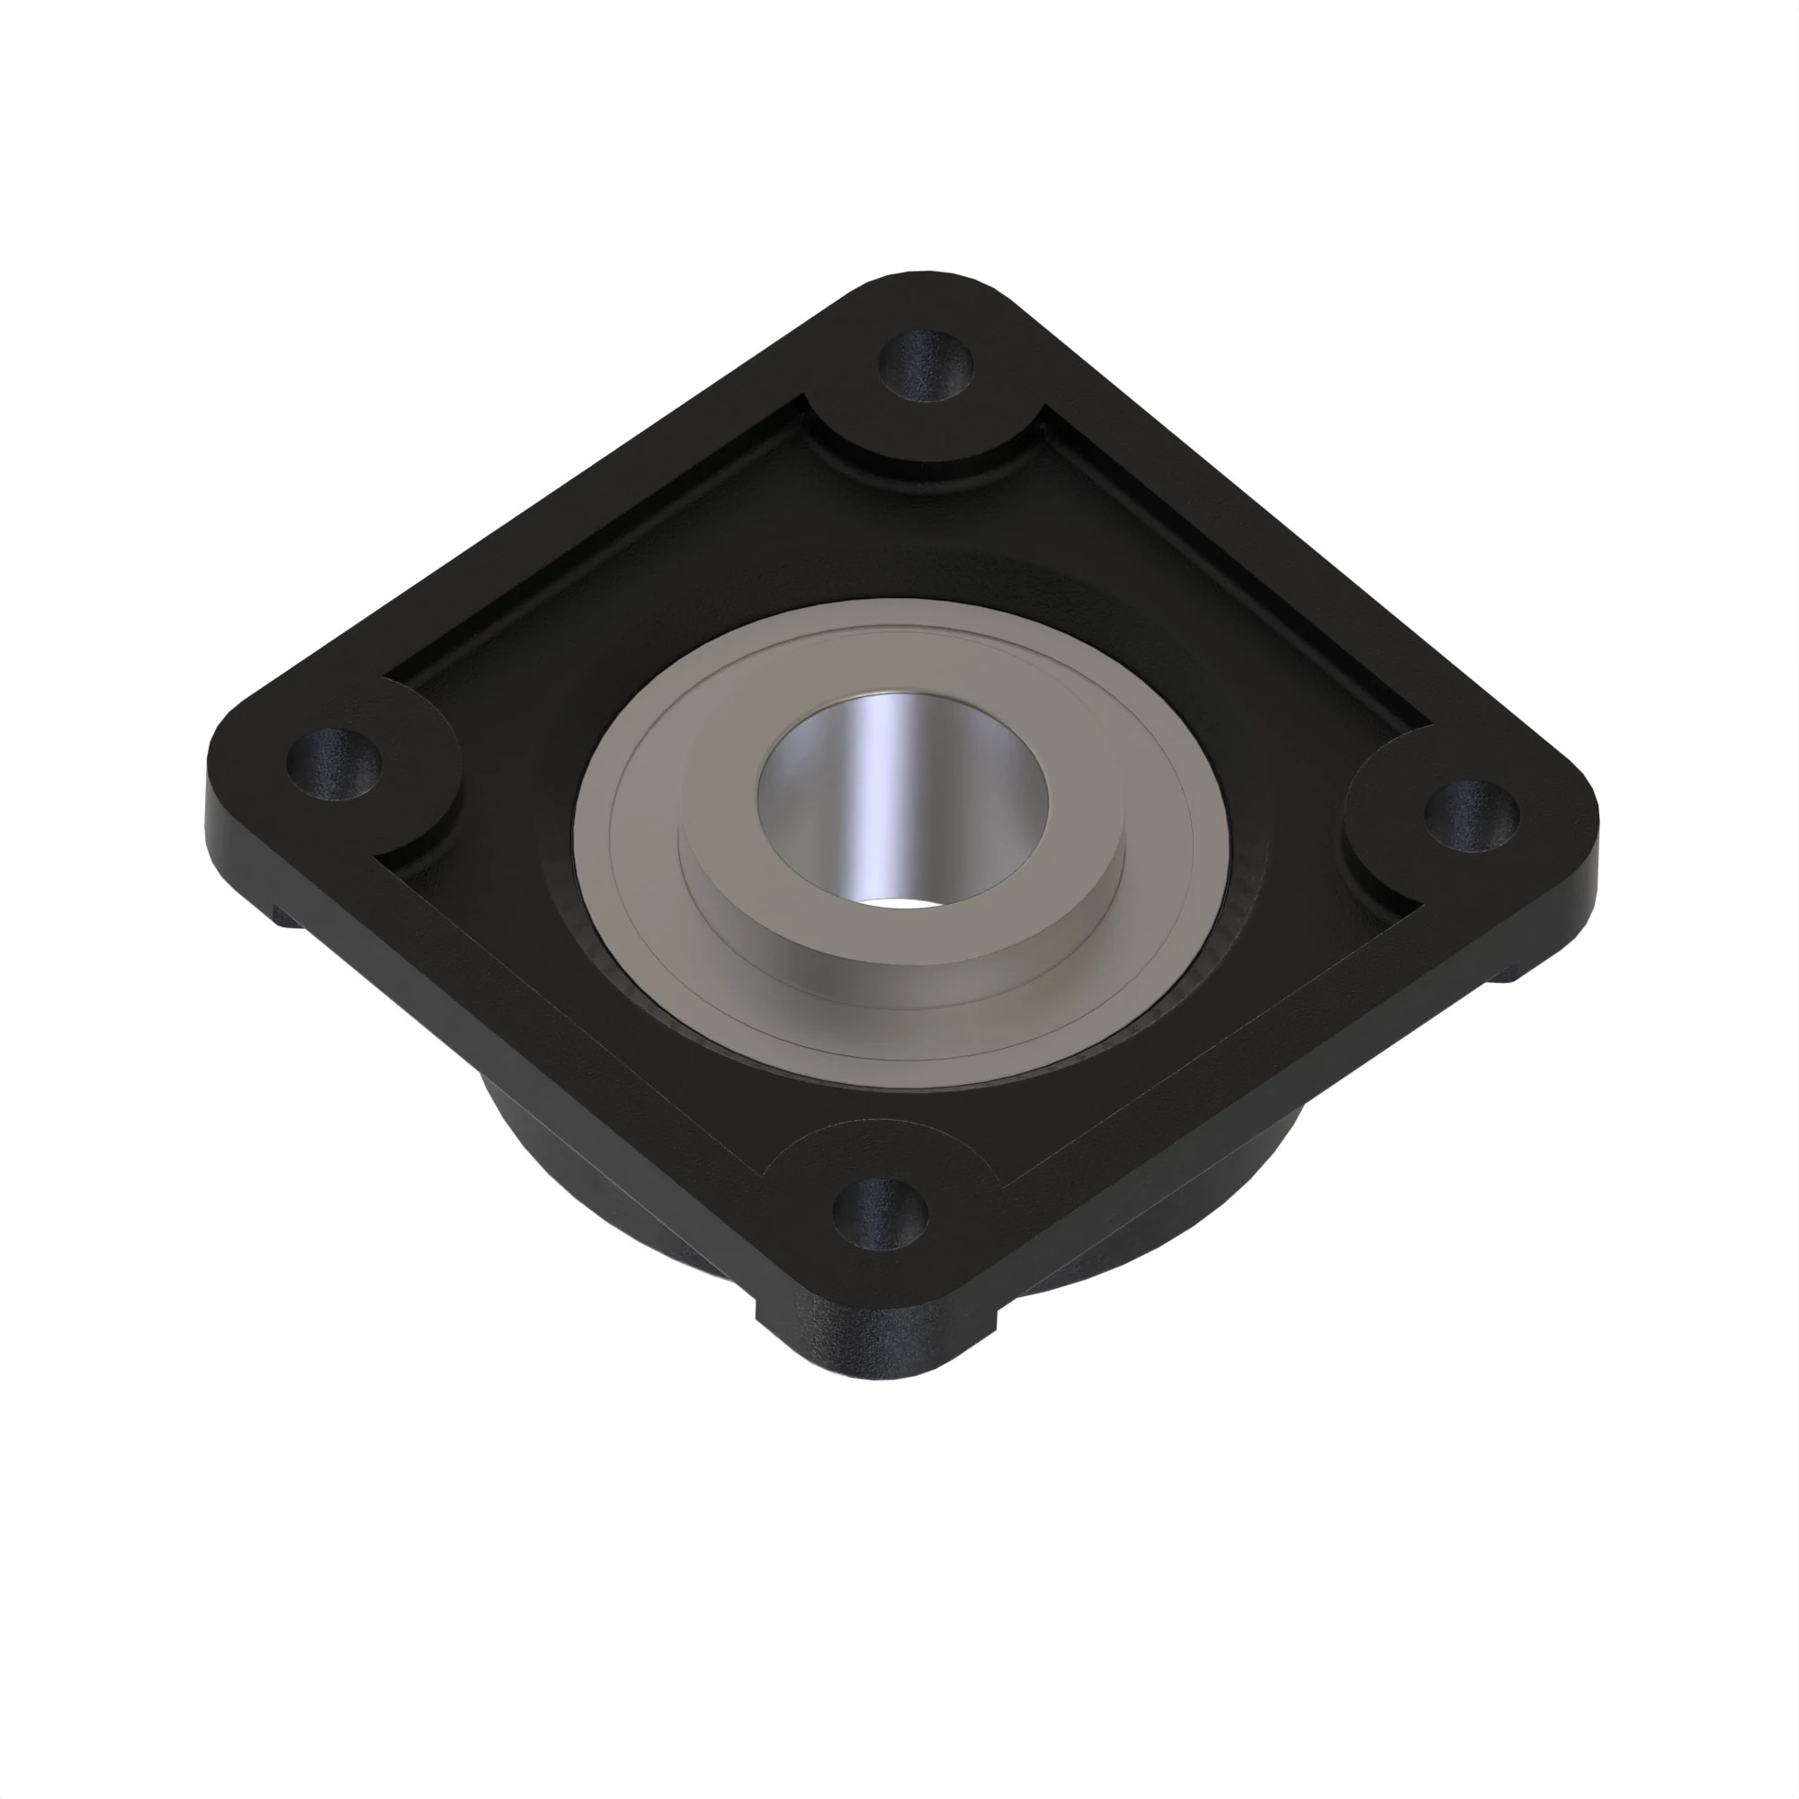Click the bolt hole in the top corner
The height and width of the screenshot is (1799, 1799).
coord(926,364)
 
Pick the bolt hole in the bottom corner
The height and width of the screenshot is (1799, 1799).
coord(879,1213)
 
